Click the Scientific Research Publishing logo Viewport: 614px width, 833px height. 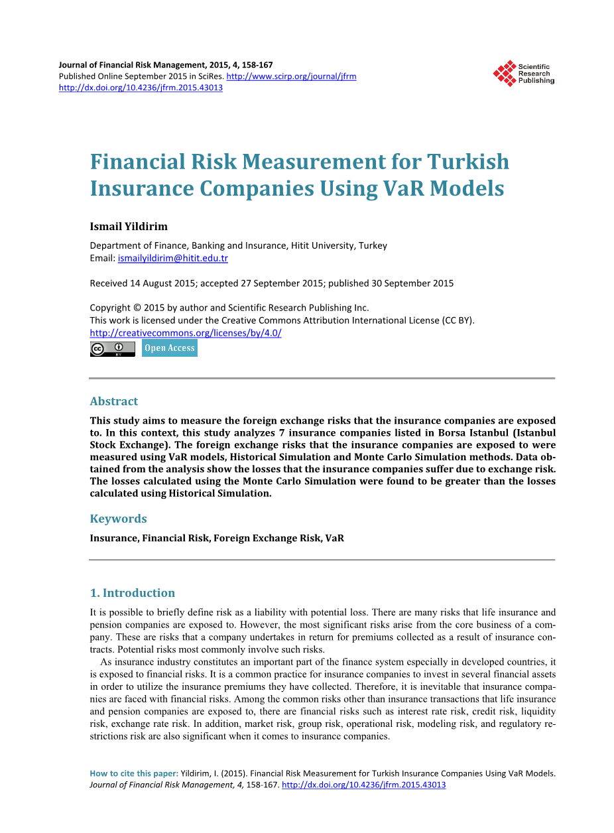[x=523, y=74]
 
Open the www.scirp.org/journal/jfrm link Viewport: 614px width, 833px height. [x=291, y=76]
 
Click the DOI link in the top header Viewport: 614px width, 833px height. [x=141, y=88]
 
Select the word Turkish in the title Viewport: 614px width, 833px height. [x=468, y=162]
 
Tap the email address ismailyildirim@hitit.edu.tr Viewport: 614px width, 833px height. [x=172, y=258]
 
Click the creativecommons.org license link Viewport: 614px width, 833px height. [x=186, y=333]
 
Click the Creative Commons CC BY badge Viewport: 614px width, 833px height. [x=112, y=349]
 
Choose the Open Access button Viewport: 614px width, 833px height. [x=170, y=348]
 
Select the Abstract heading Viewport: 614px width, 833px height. [x=114, y=401]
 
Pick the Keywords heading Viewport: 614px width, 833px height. [x=118, y=519]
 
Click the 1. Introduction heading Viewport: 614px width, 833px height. [x=133, y=593]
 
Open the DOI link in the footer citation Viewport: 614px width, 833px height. [x=364, y=785]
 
